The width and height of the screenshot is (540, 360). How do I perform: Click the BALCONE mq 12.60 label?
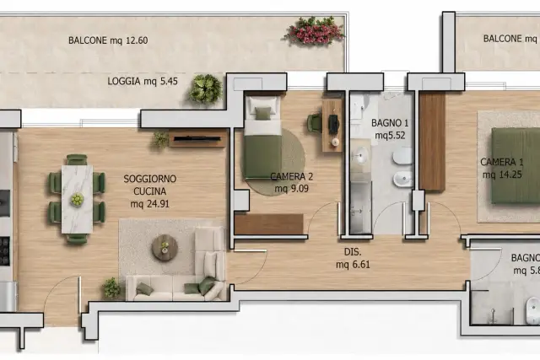108,40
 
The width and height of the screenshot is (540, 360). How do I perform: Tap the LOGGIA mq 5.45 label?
143,81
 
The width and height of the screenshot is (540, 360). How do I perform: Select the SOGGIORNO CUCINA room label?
150,185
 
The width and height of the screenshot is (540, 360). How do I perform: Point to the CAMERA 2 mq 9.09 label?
292,182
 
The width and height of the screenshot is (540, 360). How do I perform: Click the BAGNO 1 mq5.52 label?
390,129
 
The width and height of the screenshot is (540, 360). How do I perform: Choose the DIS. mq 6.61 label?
353,258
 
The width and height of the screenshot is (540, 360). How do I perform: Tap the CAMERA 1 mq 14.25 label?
502,169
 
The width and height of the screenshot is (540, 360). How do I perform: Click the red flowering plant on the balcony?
314,30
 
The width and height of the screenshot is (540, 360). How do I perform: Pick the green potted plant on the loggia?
205,89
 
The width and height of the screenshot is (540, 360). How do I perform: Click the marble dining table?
77,199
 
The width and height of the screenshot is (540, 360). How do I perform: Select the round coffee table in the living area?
165,248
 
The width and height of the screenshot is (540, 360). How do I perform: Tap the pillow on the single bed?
263,114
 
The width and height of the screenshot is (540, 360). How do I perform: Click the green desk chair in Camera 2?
315,123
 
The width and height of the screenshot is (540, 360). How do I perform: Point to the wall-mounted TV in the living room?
197,139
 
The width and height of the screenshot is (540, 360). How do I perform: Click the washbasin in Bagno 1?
360,156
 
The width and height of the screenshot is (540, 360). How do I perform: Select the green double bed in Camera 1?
516,165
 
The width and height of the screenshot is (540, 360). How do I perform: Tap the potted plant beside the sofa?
112,287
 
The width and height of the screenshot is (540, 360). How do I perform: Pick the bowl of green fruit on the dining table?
77,199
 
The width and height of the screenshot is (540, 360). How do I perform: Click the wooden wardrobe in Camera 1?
432,142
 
